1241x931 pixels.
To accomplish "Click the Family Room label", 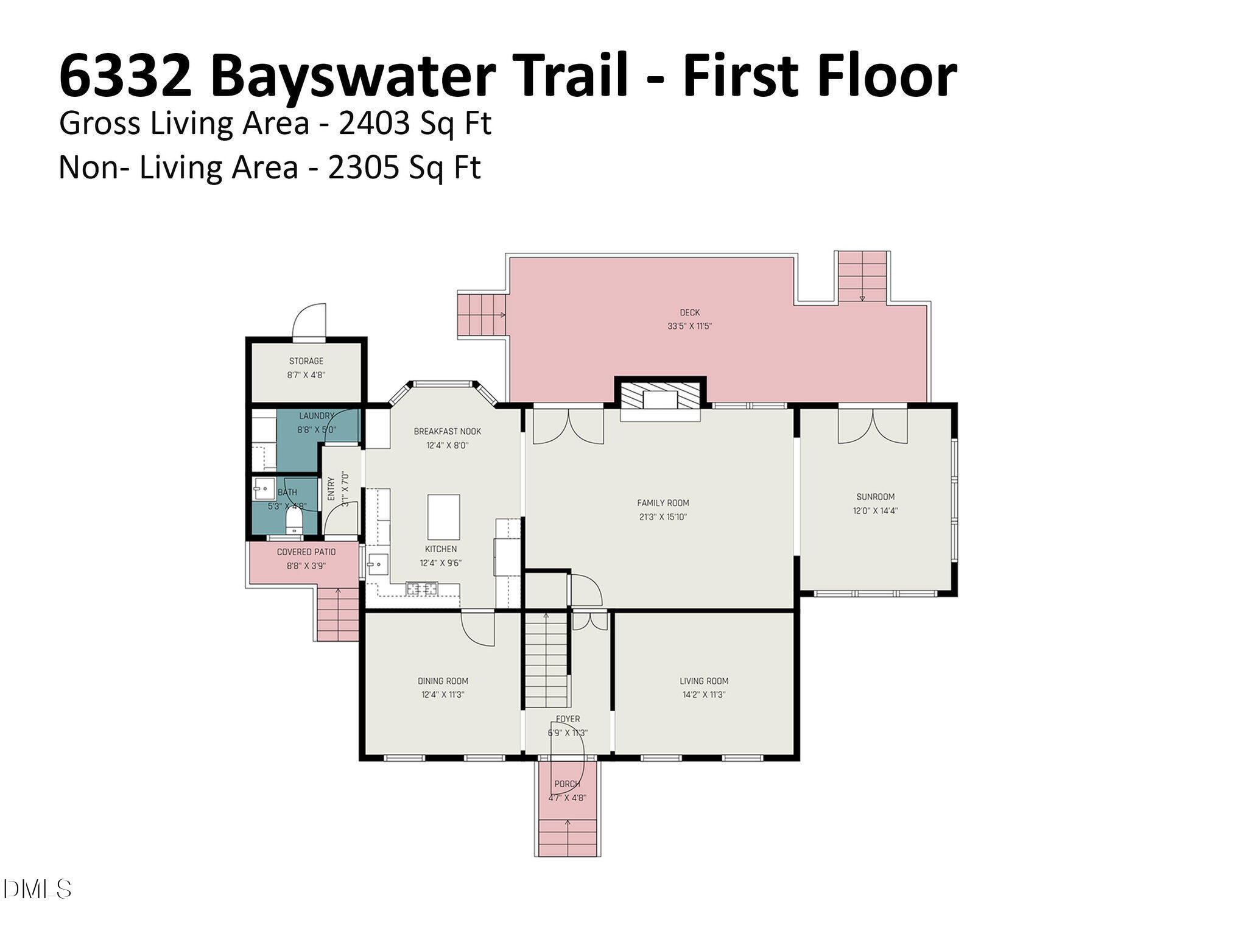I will [663, 503].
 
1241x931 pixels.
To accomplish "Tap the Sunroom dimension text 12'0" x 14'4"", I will [875, 511].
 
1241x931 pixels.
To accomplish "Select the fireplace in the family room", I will [660, 399].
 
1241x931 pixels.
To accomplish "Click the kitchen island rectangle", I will [443, 517].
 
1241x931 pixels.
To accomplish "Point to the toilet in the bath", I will [294, 521].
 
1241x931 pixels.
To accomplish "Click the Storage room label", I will [306, 361].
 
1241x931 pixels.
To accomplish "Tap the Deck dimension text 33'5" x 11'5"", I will [689, 326].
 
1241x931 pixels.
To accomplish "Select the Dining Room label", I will [443, 681].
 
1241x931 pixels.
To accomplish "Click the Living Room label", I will [703, 681].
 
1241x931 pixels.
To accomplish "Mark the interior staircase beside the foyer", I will [547, 661].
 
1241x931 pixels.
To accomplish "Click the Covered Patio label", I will [306, 552].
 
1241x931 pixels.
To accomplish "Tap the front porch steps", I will [568, 837].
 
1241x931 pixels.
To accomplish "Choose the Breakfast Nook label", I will [447, 431].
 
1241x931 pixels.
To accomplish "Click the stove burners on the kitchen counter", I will [422, 588].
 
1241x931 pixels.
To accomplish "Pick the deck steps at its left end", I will [482, 314].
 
